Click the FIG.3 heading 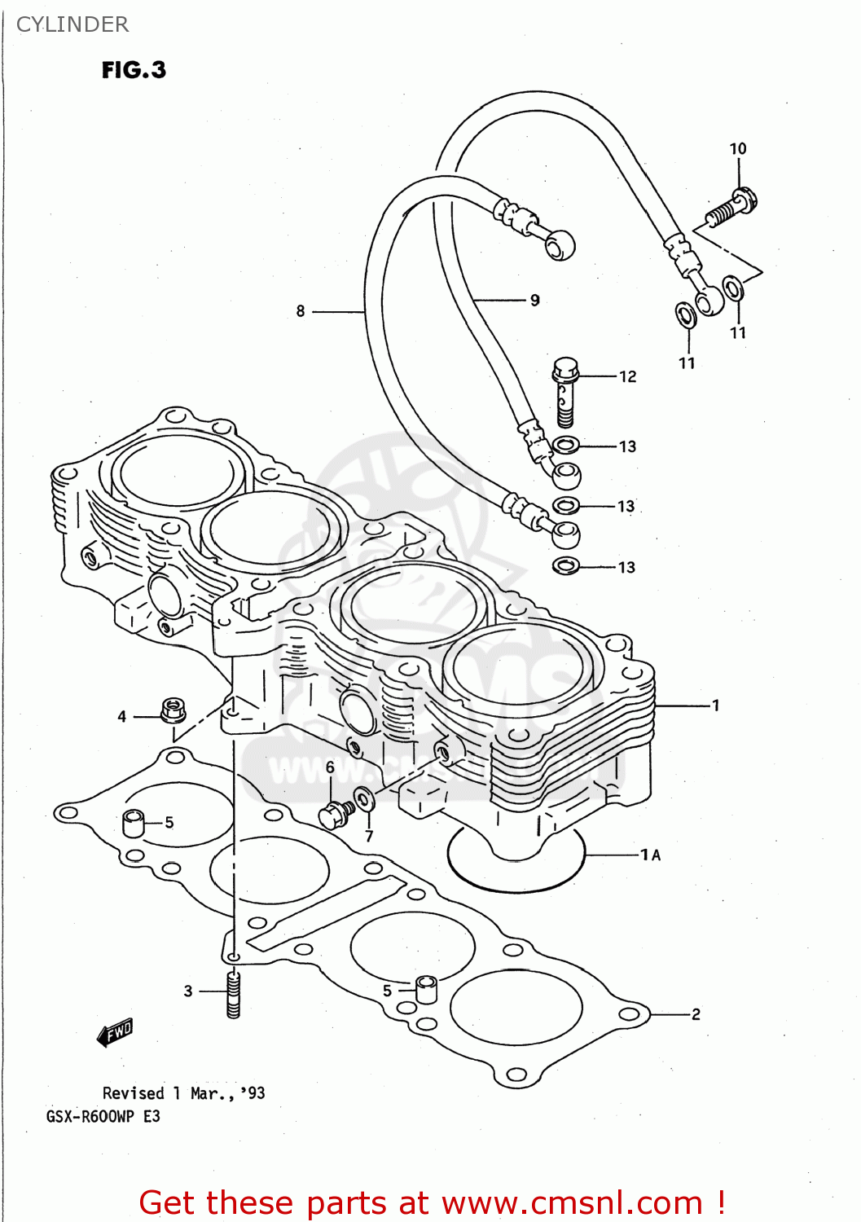134,70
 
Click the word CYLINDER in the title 72,24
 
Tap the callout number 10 737,148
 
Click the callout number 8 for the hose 301,311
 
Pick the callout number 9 534,301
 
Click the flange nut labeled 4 172,710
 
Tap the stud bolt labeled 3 234,994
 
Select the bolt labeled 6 336,814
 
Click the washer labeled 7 364,799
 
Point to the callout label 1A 650,855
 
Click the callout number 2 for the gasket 696,1014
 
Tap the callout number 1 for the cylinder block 715,706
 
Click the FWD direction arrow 115,1033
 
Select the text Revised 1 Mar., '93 183,1093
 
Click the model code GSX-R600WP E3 103,1116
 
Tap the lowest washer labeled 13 565,565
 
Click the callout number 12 627,376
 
